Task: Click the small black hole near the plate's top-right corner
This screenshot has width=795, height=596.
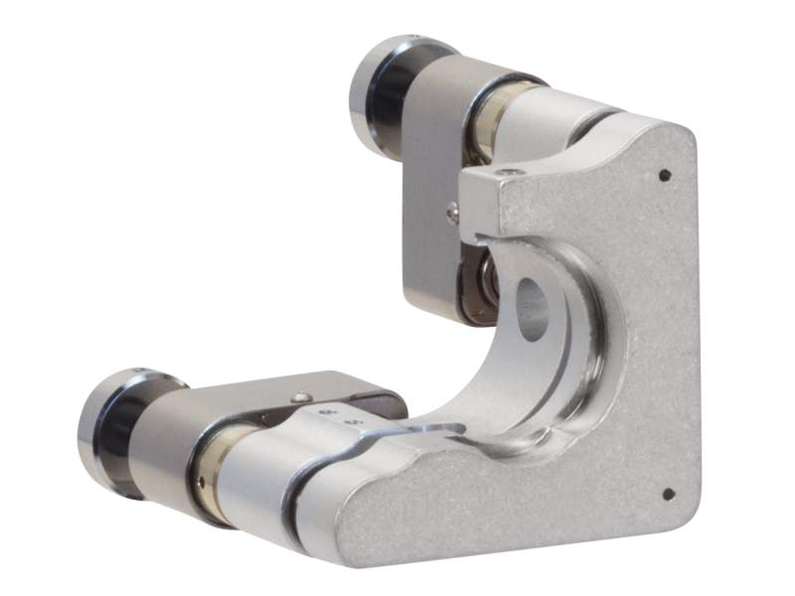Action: coord(665,176)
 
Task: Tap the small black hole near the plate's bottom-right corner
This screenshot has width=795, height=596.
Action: coord(667,494)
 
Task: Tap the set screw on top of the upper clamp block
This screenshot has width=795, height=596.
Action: coord(510,173)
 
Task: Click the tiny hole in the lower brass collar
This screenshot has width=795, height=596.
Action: coord(202,484)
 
